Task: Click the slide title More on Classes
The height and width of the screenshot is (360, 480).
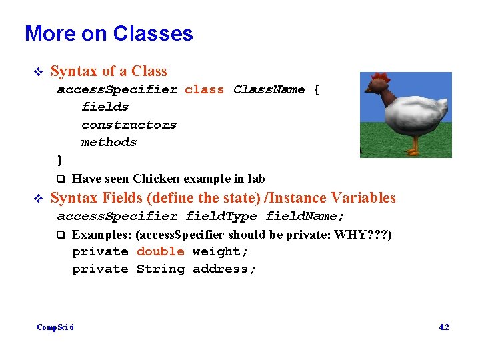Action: (109, 33)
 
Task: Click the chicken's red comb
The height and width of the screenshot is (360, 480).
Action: (381, 79)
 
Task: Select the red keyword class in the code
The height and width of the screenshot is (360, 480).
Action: (204, 89)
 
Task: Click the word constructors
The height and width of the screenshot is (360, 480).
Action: (129, 125)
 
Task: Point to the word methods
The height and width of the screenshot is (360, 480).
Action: (109, 142)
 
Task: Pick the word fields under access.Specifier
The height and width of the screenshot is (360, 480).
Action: (105, 107)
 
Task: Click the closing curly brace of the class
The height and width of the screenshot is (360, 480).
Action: (60, 160)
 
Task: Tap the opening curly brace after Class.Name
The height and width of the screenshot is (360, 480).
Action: (316, 89)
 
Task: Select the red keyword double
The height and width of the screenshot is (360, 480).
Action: (160, 251)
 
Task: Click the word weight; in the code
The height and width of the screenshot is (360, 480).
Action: (220, 251)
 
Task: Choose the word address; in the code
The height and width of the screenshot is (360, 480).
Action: (224, 269)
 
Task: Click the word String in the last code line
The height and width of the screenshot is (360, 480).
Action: (160, 269)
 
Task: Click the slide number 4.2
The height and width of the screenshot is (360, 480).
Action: (444, 327)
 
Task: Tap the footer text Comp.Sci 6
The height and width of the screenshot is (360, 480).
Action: (55, 327)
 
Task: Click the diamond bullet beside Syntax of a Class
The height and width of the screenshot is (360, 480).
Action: (37, 71)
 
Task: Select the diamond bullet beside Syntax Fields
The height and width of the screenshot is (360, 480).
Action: (37, 198)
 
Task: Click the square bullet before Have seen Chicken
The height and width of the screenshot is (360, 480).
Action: (60, 179)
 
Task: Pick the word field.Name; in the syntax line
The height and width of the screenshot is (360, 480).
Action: (305, 216)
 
